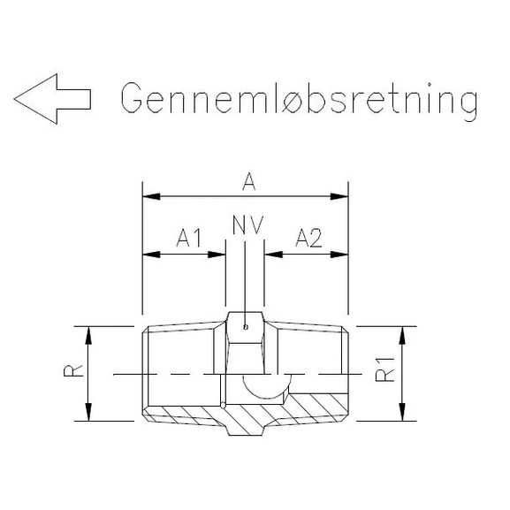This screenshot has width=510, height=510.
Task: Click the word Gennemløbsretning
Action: coord(299,100)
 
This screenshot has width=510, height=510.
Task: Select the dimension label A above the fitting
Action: coord(249,182)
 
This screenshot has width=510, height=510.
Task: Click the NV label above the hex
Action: coord(247,225)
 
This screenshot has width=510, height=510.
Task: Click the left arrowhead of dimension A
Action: coord(150,196)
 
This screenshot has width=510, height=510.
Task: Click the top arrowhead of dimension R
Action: coord(88,333)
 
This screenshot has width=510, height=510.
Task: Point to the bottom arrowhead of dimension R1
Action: coord(403,414)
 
